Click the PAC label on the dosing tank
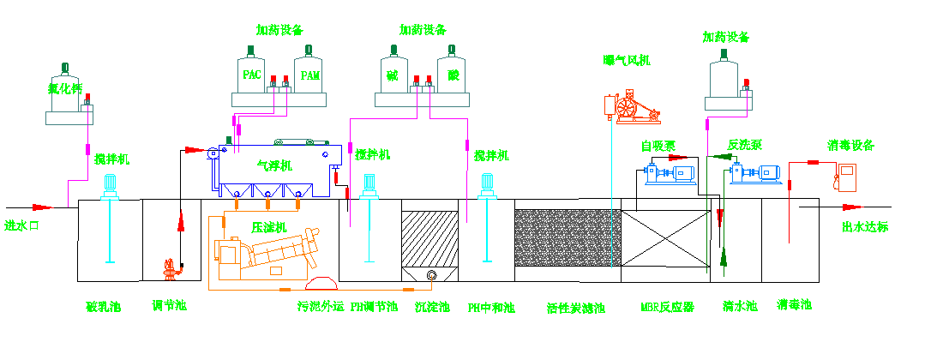point(252,75)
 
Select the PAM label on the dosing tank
point(309,75)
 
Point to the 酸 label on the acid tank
point(453,75)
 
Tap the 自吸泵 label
point(658,146)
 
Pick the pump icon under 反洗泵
point(754,174)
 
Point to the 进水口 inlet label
point(23,226)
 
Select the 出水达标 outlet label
point(866,226)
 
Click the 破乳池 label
point(104,306)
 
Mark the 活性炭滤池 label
point(576,307)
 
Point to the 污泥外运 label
point(320,306)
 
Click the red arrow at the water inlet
point(41,207)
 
